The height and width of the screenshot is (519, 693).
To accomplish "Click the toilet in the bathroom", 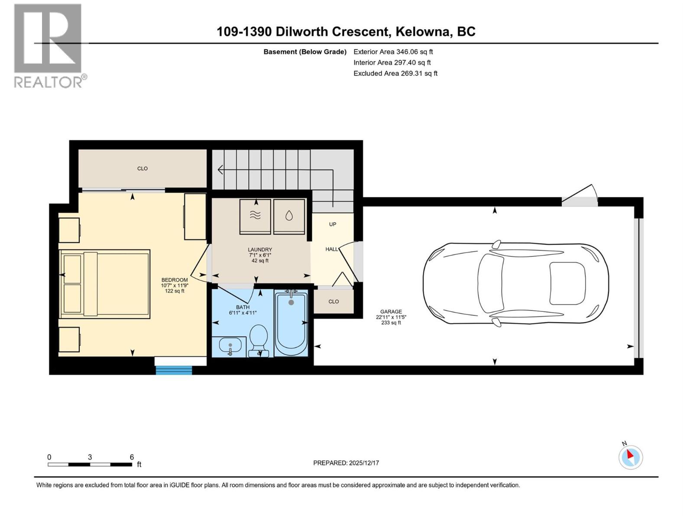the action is tap(259, 340).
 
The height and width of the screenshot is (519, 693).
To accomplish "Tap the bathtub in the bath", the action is tap(291, 324).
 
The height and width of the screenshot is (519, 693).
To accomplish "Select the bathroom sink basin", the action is tap(230, 346).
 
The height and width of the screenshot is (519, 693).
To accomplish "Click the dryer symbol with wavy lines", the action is tap(255, 216).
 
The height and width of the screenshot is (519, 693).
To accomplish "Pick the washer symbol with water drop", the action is tap(289, 216).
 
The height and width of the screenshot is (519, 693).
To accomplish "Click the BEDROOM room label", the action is tap(175, 280).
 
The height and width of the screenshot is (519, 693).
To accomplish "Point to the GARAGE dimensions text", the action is tap(391, 317).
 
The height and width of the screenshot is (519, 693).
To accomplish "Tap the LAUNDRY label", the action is tap(260, 250).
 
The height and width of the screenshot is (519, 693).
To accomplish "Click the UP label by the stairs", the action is tap(333, 224).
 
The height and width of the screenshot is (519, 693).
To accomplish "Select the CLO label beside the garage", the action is tap(334, 301).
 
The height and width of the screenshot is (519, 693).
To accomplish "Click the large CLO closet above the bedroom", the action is tap(142, 169).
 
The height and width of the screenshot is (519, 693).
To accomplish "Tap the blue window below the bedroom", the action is tap(174, 370).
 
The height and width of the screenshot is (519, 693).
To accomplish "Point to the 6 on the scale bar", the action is tap(132, 457).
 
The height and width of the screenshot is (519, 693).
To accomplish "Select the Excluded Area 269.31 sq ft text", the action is tap(395, 74).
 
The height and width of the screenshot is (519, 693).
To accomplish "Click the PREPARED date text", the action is tap(346, 463).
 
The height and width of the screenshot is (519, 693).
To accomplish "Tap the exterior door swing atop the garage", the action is tap(580, 197).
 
